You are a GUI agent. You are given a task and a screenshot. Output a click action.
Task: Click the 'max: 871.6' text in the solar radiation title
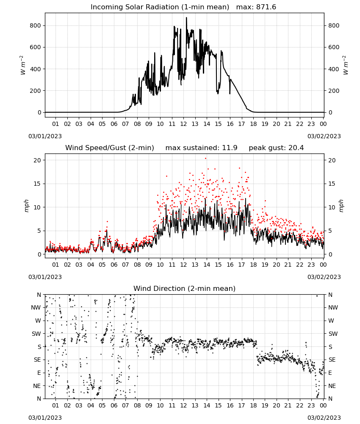(256, 7)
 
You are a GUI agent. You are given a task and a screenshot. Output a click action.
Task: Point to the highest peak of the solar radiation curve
(186, 18)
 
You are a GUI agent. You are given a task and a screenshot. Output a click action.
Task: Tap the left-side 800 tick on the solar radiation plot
(36, 26)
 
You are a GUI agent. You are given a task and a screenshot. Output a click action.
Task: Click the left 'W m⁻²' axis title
(23, 65)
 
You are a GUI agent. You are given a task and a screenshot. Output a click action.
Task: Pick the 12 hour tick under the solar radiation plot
(183, 124)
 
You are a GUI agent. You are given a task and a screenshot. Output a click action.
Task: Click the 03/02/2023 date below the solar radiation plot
(324, 136)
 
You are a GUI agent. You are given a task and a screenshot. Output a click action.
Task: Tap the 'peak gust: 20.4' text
(276, 148)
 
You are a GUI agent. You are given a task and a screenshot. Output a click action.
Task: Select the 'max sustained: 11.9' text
(202, 148)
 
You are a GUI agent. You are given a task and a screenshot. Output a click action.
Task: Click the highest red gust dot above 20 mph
(205, 159)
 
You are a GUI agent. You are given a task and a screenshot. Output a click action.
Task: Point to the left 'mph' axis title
(26, 206)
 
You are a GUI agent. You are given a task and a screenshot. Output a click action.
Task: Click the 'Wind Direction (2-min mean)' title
(185, 288)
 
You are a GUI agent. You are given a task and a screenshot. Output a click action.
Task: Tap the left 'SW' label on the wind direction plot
(36, 334)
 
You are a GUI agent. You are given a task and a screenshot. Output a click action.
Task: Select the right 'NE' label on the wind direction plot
(332, 386)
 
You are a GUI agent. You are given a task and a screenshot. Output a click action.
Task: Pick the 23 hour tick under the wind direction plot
(311, 405)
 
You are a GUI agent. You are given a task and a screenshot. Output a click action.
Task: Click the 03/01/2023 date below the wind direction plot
(45, 418)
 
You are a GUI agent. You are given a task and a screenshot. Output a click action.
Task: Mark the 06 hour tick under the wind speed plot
(114, 265)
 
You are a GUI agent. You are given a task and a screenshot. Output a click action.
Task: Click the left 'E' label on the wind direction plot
(39, 373)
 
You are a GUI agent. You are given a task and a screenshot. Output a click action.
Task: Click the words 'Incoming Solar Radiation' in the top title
(135, 7)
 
